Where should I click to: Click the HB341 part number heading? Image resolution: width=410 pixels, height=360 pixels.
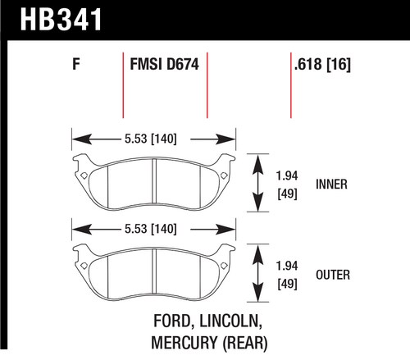tap(61, 20)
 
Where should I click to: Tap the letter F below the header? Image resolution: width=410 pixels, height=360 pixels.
tap(76, 64)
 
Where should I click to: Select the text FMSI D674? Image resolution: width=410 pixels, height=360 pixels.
tap(164, 65)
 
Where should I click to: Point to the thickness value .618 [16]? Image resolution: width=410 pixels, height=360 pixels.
tap(322, 65)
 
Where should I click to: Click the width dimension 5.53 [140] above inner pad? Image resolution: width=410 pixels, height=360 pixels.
tap(151, 139)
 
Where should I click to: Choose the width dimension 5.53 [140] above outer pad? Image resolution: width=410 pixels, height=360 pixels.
tap(151, 229)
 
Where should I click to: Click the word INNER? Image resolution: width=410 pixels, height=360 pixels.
tap(331, 185)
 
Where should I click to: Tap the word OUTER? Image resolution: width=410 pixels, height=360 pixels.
tap(333, 275)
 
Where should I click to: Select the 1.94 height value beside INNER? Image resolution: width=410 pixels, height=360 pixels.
tap(287, 175)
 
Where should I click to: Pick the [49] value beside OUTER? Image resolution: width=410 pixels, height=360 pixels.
tap(287, 284)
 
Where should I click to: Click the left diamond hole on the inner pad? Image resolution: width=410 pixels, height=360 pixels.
tap(84, 175)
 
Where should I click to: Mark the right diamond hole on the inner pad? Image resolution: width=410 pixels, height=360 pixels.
tap(224, 175)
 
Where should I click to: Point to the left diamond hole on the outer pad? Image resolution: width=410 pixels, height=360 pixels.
tap(84, 266)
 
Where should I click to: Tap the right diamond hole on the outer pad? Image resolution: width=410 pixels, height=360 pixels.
tap(224, 266)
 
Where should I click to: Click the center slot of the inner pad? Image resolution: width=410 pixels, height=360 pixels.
tap(154, 181)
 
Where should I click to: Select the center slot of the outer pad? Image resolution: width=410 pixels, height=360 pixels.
tap(154, 271)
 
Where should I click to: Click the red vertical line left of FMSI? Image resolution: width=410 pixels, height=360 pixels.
tap(123, 85)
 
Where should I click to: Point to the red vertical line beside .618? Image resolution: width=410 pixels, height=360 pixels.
tap(291, 85)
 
